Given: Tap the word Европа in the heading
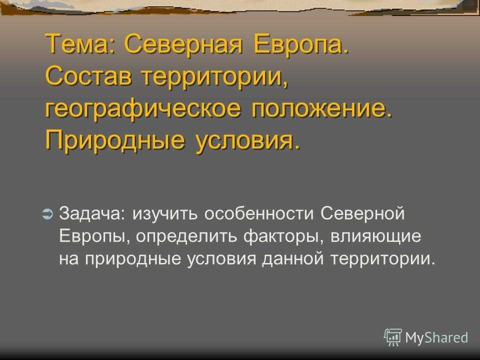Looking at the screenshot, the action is [301, 44].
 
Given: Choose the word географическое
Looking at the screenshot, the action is [143, 109].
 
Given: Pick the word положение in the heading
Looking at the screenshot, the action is [321, 109].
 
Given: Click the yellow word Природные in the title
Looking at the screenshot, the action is [115, 141].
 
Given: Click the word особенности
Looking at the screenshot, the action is [259, 213].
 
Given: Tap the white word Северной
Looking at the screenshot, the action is [362, 213].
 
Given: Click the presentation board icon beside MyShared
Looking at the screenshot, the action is [393, 337].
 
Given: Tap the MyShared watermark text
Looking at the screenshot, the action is [436, 337].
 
